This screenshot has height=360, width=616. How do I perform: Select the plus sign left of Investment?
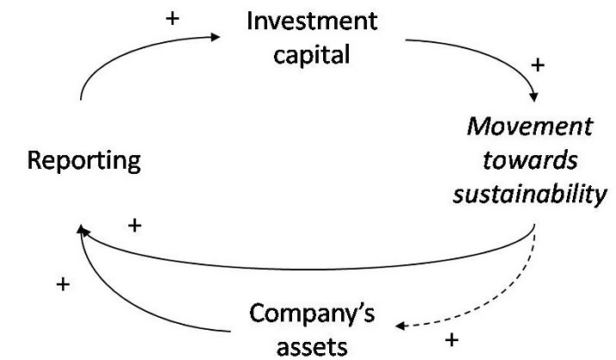(x=174, y=16)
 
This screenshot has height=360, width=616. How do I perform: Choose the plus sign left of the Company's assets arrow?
(x=62, y=284)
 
